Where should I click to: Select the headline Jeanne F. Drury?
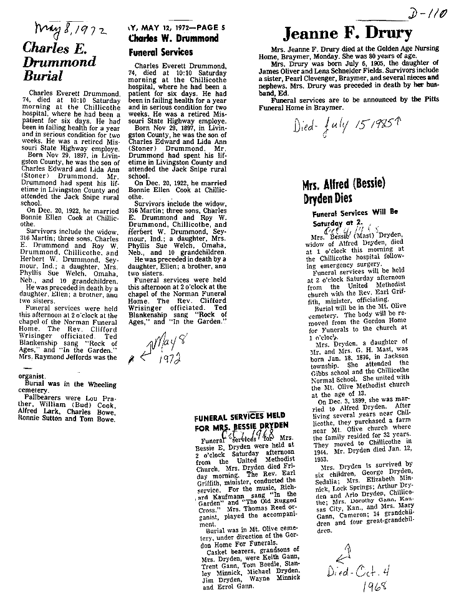[348, 33]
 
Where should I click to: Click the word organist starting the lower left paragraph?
[39, 377]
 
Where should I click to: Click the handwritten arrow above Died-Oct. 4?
[341, 552]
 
